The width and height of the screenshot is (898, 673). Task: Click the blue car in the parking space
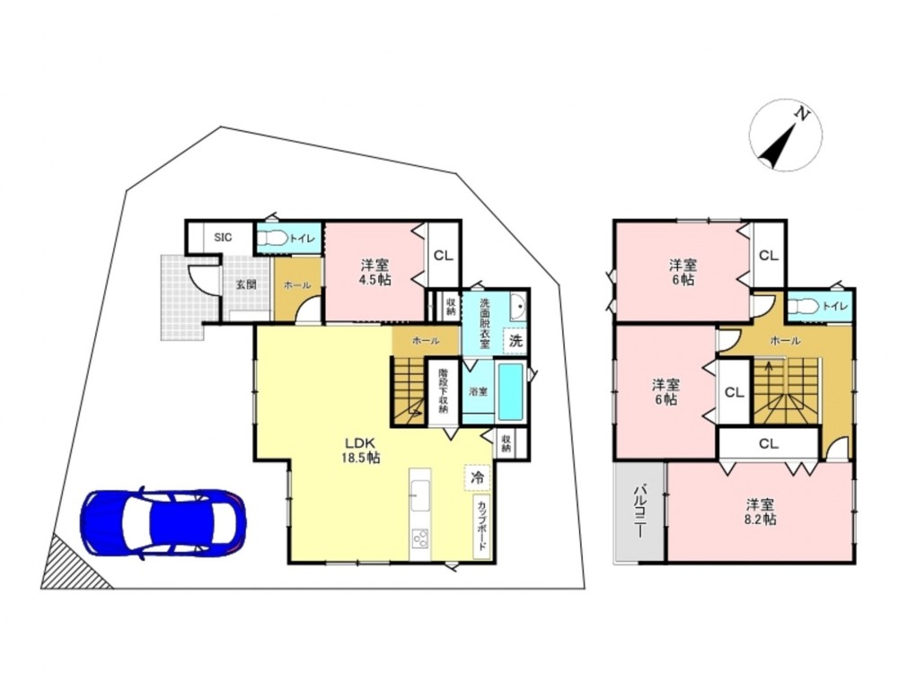[163, 524]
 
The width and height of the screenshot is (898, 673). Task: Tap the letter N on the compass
[802, 115]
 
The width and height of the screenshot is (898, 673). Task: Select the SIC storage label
[223, 237]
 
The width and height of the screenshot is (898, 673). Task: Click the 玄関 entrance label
[246, 284]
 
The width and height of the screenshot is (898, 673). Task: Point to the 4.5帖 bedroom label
[375, 273]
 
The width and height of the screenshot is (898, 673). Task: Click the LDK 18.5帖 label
[360, 450]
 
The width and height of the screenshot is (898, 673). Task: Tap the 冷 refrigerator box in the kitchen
[477, 476]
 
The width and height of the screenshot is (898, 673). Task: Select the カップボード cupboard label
[482, 526]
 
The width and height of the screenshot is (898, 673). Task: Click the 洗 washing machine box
[515, 342]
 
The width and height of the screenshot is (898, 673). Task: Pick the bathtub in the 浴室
[511, 392]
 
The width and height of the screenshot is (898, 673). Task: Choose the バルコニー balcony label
[639, 511]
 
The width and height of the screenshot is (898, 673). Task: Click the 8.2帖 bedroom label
[760, 511]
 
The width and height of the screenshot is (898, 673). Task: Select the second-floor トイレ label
[834, 307]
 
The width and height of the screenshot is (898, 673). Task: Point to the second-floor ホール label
[786, 341]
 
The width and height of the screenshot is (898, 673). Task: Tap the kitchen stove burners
[419, 538]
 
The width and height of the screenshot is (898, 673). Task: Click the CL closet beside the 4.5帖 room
[443, 255]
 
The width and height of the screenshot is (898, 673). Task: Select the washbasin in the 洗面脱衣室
[517, 309]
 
